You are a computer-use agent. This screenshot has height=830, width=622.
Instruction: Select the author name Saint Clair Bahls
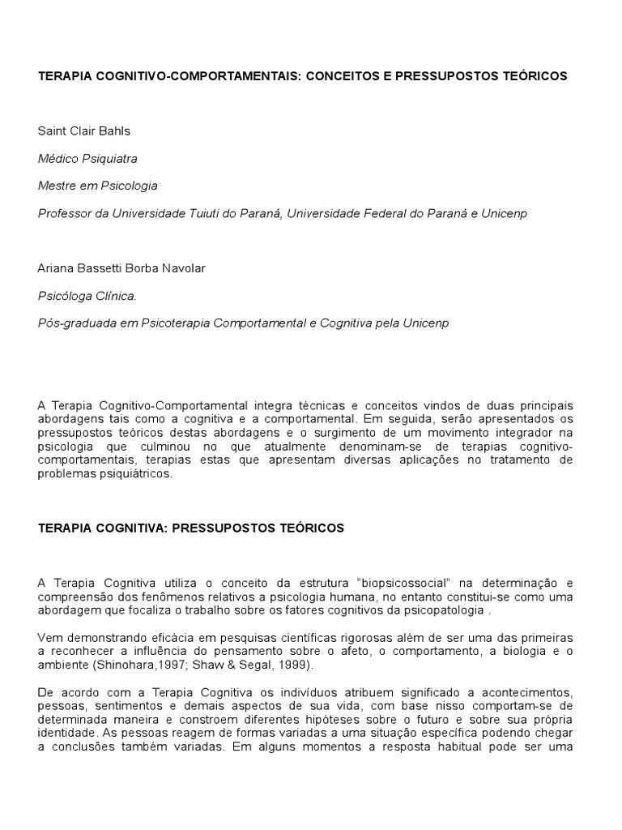point(83,130)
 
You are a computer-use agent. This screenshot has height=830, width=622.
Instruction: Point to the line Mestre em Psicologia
point(97,186)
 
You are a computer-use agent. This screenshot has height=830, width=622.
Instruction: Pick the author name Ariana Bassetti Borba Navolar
point(121,268)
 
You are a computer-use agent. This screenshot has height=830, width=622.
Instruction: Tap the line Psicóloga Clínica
point(87,296)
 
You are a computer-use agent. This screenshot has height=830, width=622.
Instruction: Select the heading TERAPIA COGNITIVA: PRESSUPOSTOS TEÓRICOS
point(191,528)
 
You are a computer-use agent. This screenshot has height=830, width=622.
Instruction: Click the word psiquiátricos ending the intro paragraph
point(134,474)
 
